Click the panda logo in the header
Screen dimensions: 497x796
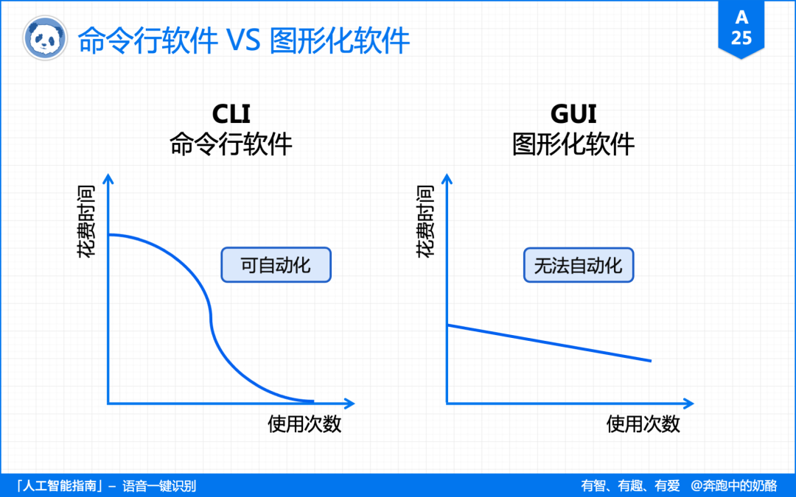coord(43,39)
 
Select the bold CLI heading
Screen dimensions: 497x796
coord(231,114)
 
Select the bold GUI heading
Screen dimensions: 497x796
coord(573,114)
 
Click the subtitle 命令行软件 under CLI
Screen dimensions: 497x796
coord(231,144)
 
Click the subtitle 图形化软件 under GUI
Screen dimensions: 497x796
coord(573,144)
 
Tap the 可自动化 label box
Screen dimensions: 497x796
coord(276,265)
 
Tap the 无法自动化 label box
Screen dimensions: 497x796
coord(579,265)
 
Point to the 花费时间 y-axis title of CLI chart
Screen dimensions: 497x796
coord(85,221)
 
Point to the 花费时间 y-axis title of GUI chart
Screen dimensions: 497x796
coord(425,221)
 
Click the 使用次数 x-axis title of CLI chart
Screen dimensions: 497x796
coord(304,424)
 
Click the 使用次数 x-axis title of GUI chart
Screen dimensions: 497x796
coord(643,424)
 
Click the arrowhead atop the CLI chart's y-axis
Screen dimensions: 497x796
coord(108,179)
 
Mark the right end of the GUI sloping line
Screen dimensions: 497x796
coord(650,361)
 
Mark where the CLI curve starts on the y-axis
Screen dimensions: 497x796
coord(109,235)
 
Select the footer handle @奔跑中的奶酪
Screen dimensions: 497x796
coord(733,486)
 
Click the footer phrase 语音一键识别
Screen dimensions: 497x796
coord(159,486)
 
